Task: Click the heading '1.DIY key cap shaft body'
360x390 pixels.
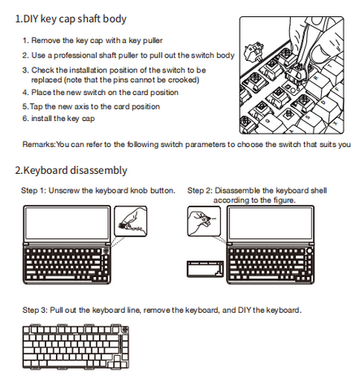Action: pyautogui.click(x=71, y=19)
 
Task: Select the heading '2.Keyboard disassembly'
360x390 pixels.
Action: pyautogui.click(x=71, y=171)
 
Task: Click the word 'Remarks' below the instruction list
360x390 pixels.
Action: pyautogui.click(x=38, y=144)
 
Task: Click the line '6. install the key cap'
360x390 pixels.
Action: pyautogui.click(x=59, y=119)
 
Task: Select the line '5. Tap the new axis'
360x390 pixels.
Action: pyautogui.click(x=91, y=106)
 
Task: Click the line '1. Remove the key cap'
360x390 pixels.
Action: pyautogui.click(x=93, y=41)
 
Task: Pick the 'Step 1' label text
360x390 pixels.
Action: pyautogui.click(x=33, y=190)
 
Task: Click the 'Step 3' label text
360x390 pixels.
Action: pyautogui.click(x=35, y=310)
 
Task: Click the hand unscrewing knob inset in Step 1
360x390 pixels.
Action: pyautogui.click(x=131, y=221)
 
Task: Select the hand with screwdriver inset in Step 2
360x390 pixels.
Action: pyautogui.click(x=204, y=221)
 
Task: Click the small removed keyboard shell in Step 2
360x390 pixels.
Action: pyautogui.click(x=206, y=269)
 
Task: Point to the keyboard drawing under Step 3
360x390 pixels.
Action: pyautogui.click(x=76, y=346)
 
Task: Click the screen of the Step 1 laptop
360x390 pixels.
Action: pyautogui.click(x=67, y=223)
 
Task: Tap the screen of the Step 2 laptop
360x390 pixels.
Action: pyautogui.click(x=271, y=223)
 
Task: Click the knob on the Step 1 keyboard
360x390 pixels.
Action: pyautogui.click(x=106, y=251)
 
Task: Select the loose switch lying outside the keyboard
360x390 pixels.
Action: pyautogui.click(x=254, y=51)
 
